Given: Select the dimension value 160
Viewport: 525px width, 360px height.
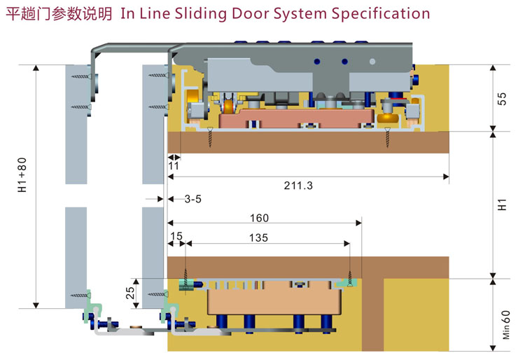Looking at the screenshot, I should click(258, 219).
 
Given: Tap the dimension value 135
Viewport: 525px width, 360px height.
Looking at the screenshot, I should click(258, 237).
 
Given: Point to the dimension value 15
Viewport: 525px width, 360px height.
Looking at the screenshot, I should click(177, 237).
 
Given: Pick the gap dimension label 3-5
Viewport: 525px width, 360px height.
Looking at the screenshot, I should click(192, 199).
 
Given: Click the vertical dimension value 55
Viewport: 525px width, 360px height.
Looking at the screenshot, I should click(502, 98).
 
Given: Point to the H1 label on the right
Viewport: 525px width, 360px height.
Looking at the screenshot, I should click(502, 205).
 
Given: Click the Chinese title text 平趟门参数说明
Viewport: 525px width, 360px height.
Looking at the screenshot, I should click(59, 13).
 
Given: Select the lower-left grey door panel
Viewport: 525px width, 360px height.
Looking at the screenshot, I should click(76, 256).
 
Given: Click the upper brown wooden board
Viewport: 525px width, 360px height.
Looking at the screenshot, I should click(308, 143).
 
